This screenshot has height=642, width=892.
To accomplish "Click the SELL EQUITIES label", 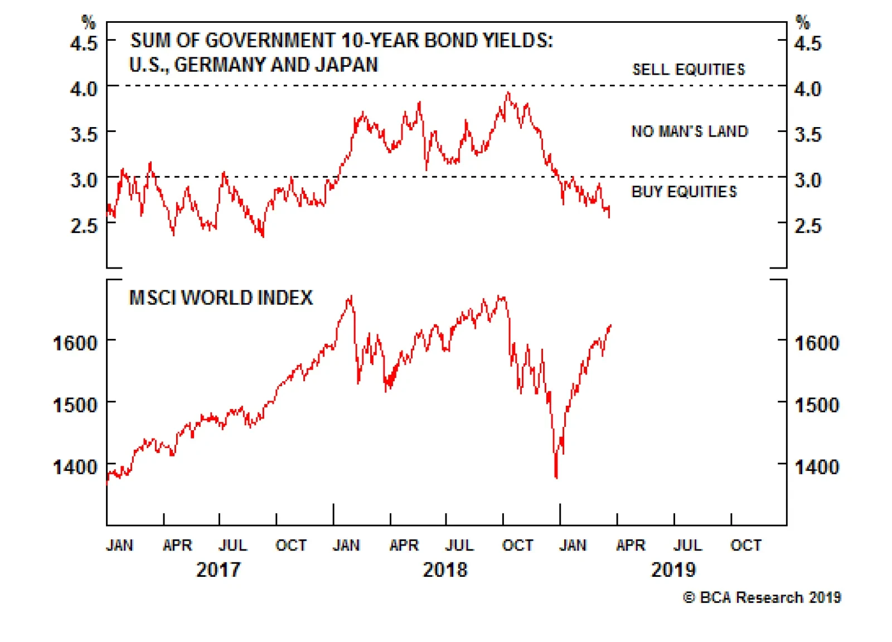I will click(x=689, y=70).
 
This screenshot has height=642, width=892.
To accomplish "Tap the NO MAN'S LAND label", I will click(x=689, y=132).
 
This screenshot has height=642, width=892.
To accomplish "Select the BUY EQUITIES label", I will click(x=684, y=192).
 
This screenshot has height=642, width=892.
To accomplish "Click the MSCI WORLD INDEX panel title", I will click(x=221, y=298).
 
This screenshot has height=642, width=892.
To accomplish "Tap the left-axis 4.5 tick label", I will click(x=84, y=43).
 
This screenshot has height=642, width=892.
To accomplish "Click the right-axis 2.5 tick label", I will click(x=807, y=226).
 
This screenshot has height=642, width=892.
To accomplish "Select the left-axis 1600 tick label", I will click(x=75, y=343).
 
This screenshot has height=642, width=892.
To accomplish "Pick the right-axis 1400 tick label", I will click(x=817, y=467).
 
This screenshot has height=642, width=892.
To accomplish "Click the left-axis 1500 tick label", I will click(x=75, y=405).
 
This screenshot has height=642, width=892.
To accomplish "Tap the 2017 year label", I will click(x=219, y=570).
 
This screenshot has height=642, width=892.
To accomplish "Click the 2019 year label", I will click(x=673, y=570).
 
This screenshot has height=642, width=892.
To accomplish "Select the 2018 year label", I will click(x=445, y=570).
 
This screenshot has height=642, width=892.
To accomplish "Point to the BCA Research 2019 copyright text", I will click(x=762, y=597).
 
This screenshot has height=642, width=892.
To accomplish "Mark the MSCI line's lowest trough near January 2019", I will click(x=556, y=476).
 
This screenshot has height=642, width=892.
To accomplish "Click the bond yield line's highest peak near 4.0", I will click(x=507, y=93).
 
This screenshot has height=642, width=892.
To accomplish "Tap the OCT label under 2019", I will click(x=745, y=545).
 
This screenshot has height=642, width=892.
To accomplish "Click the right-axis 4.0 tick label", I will click(x=807, y=89).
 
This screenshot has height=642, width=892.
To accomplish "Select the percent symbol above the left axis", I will click(x=89, y=22).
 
